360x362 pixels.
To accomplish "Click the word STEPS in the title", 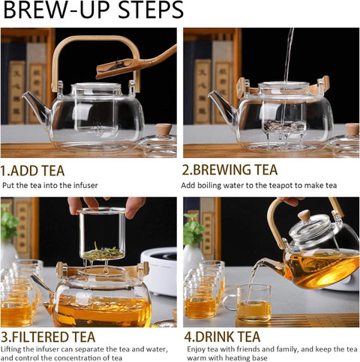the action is (151, 10).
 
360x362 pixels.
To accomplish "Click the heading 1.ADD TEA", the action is (32, 171).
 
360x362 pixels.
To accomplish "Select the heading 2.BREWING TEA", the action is (229, 169).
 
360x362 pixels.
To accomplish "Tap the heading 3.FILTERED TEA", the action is (48, 337).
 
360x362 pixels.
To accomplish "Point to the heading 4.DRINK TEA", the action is (222, 337).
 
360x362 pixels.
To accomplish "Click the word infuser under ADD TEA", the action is (85, 185).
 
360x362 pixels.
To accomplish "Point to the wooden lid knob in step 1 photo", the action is (163, 130).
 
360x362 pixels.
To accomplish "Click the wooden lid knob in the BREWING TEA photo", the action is (352, 129).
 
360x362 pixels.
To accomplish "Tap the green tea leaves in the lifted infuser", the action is (103, 253).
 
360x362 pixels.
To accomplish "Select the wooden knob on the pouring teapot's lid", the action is (304, 215).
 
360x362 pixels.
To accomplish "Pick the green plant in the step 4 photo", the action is (193, 229).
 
